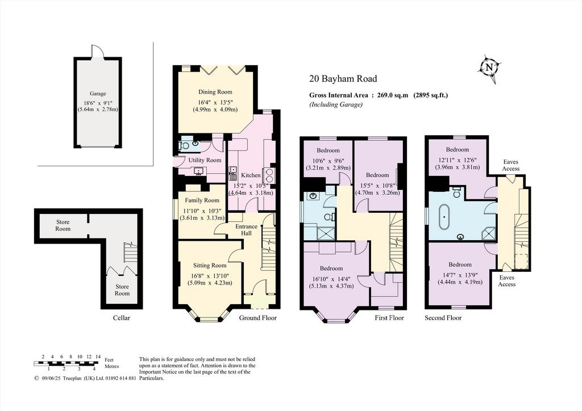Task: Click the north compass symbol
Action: pos(489,68)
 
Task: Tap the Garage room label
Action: pos(98,94)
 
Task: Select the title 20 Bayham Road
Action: pos(343,78)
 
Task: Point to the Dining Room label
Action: pos(215,92)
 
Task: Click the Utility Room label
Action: pos(205,160)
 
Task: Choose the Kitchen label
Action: pos(251,175)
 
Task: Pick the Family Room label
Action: pos(202,200)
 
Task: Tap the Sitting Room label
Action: pos(210,265)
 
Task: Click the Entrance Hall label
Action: pos(246,230)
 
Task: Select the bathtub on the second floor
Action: pos(443,216)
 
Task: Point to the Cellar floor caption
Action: pos(122,318)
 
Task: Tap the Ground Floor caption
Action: pos(257,318)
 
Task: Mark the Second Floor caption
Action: pos(443,318)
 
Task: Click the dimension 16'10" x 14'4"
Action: pos(331,279)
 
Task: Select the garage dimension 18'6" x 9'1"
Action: pos(98,103)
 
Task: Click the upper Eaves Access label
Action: pos(511,165)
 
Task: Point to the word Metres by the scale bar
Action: pos(112,366)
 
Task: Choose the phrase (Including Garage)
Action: pos(336,104)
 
